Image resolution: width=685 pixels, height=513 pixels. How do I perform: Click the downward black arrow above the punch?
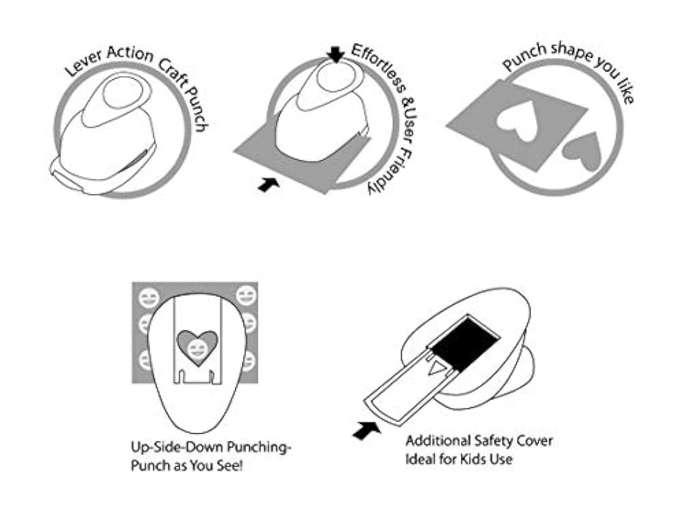click(336, 54)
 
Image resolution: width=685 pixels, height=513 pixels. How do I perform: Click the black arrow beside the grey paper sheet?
click(268, 184)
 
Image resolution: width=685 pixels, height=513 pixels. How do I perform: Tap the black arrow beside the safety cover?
click(366, 430)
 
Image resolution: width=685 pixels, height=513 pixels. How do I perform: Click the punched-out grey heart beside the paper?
click(582, 151)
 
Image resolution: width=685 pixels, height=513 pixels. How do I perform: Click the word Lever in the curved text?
click(83, 62)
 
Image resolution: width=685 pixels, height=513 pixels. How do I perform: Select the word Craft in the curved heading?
click(172, 72)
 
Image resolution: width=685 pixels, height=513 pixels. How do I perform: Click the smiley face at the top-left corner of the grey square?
click(149, 299)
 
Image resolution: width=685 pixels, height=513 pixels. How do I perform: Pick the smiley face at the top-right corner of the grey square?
click(247, 295)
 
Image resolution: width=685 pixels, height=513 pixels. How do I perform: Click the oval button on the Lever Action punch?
click(121, 92)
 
